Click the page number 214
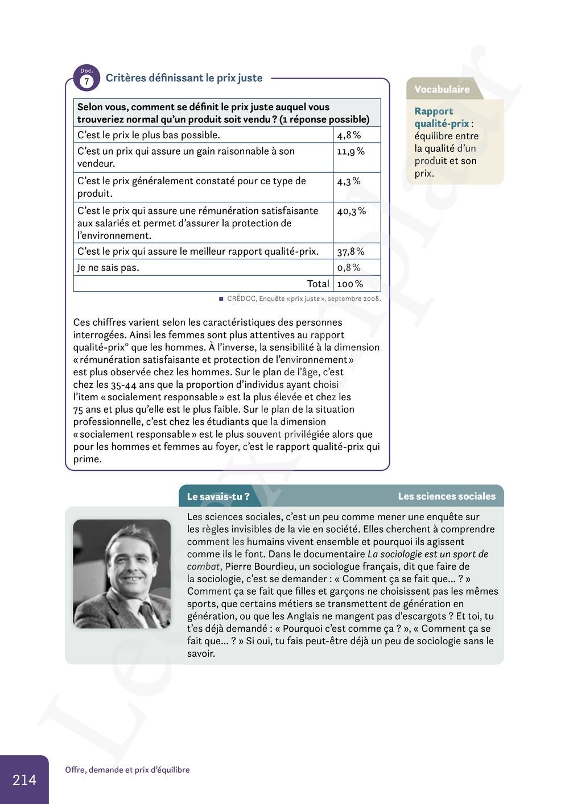click(x=24, y=780)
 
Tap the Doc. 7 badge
click(x=86, y=78)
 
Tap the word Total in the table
click(x=318, y=284)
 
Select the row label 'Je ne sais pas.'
click(x=108, y=267)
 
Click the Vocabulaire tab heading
click(x=442, y=89)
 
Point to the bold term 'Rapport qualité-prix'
click(x=441, y=118)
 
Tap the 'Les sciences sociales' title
click(x=447, y=496)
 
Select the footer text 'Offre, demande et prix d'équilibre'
click(x=127, y=770)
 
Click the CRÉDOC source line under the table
click(x=303, y=299)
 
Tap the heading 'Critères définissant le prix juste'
click(x=184, y=78)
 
